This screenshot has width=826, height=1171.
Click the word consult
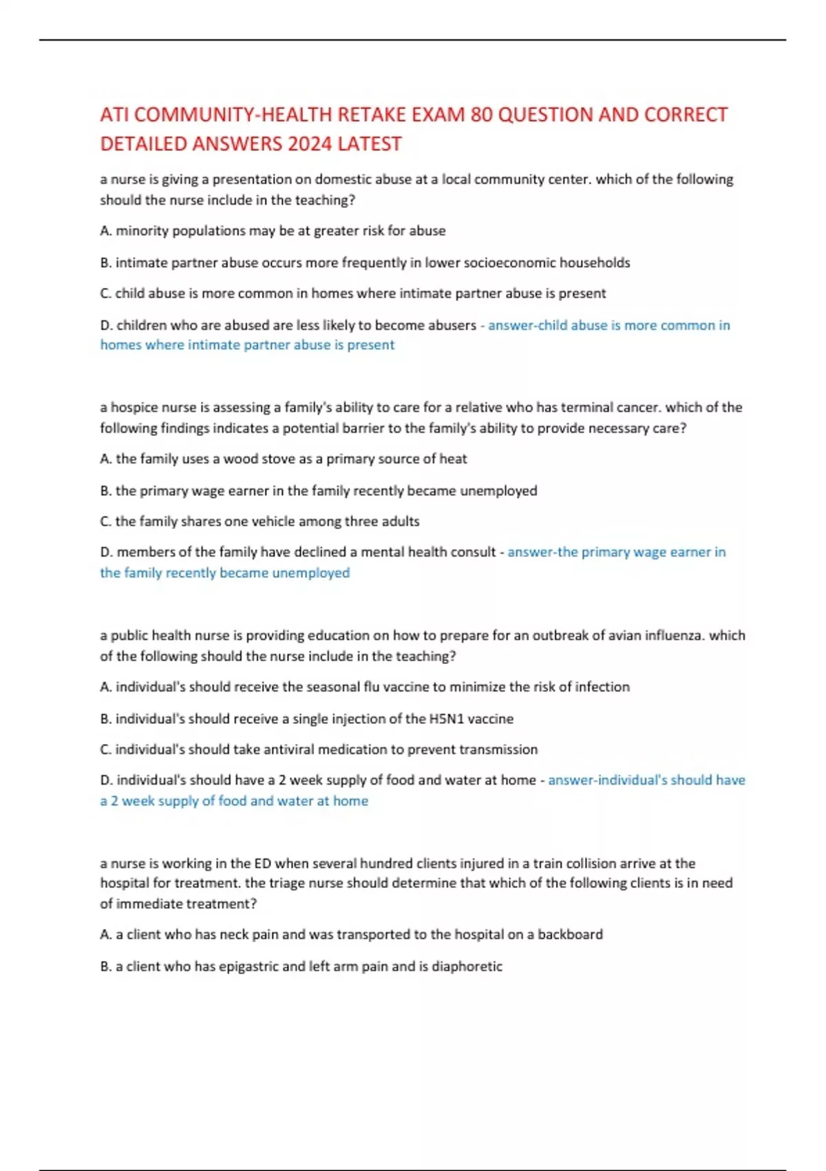coord(473,552)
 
